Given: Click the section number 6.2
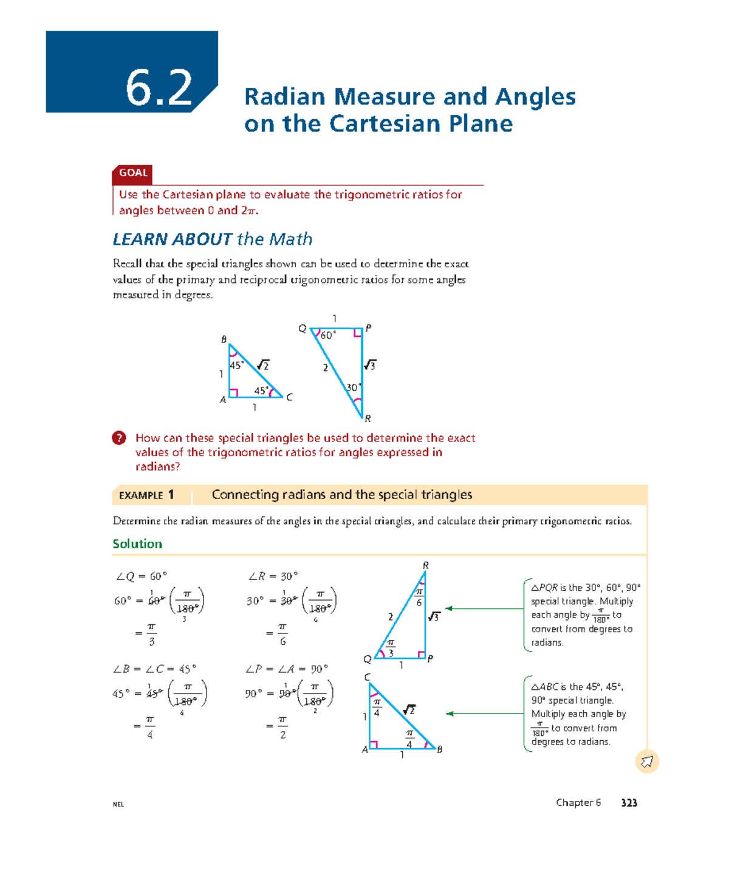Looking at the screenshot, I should pyautogui.click(x=159, y=88).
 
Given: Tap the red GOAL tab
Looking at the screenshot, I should pyautogui.click(x=132, y=173).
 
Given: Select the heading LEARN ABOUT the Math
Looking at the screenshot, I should pyautogui.click(x=213, y=239).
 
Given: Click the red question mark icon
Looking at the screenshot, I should pyautogui.click(x=119, y=438).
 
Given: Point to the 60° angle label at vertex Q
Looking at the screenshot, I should pyautogui.click(x=328, y=335).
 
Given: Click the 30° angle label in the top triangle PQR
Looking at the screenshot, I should pyautogui.click(x=354, y=387).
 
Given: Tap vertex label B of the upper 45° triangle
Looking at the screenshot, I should pyautogui.click(x=224, y=339).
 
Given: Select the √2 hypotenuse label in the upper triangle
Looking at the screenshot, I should pyautogui.click(x=263, y=365).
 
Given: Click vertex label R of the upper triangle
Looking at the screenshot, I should pyautogui.click(x=368, y=418).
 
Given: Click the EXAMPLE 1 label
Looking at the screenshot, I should pyautogui.click(x=146, y=495).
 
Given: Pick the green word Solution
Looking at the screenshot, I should pyautogui.click(x=137, y=544).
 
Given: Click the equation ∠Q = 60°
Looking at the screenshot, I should pyautogui.click(x=141, y=576).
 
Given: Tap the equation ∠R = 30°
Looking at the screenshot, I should pyautogui.click(x=273, y=576).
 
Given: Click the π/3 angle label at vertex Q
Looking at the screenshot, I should pyautogui.click(x=391, y=648).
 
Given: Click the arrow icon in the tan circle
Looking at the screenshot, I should pyautogui.click(x=647, y=762).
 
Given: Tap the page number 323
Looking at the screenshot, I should pyautogui.click(x=629, y=803).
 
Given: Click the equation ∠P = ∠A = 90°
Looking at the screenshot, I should pyautogui.click(x=287, y=669).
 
